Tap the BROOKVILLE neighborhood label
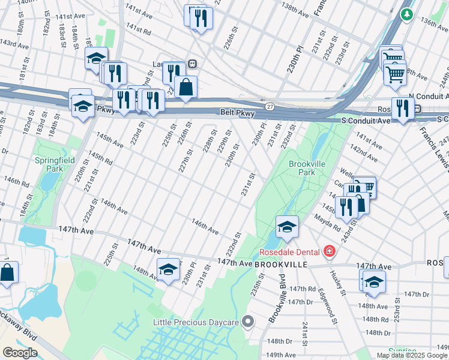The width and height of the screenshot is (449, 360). click(282, 264)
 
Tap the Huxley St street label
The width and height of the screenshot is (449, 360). click(339, 282)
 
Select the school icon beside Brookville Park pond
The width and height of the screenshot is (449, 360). click(287, 227)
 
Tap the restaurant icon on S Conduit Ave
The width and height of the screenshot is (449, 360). click(402, 109)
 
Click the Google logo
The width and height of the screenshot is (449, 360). click(20, 353)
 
